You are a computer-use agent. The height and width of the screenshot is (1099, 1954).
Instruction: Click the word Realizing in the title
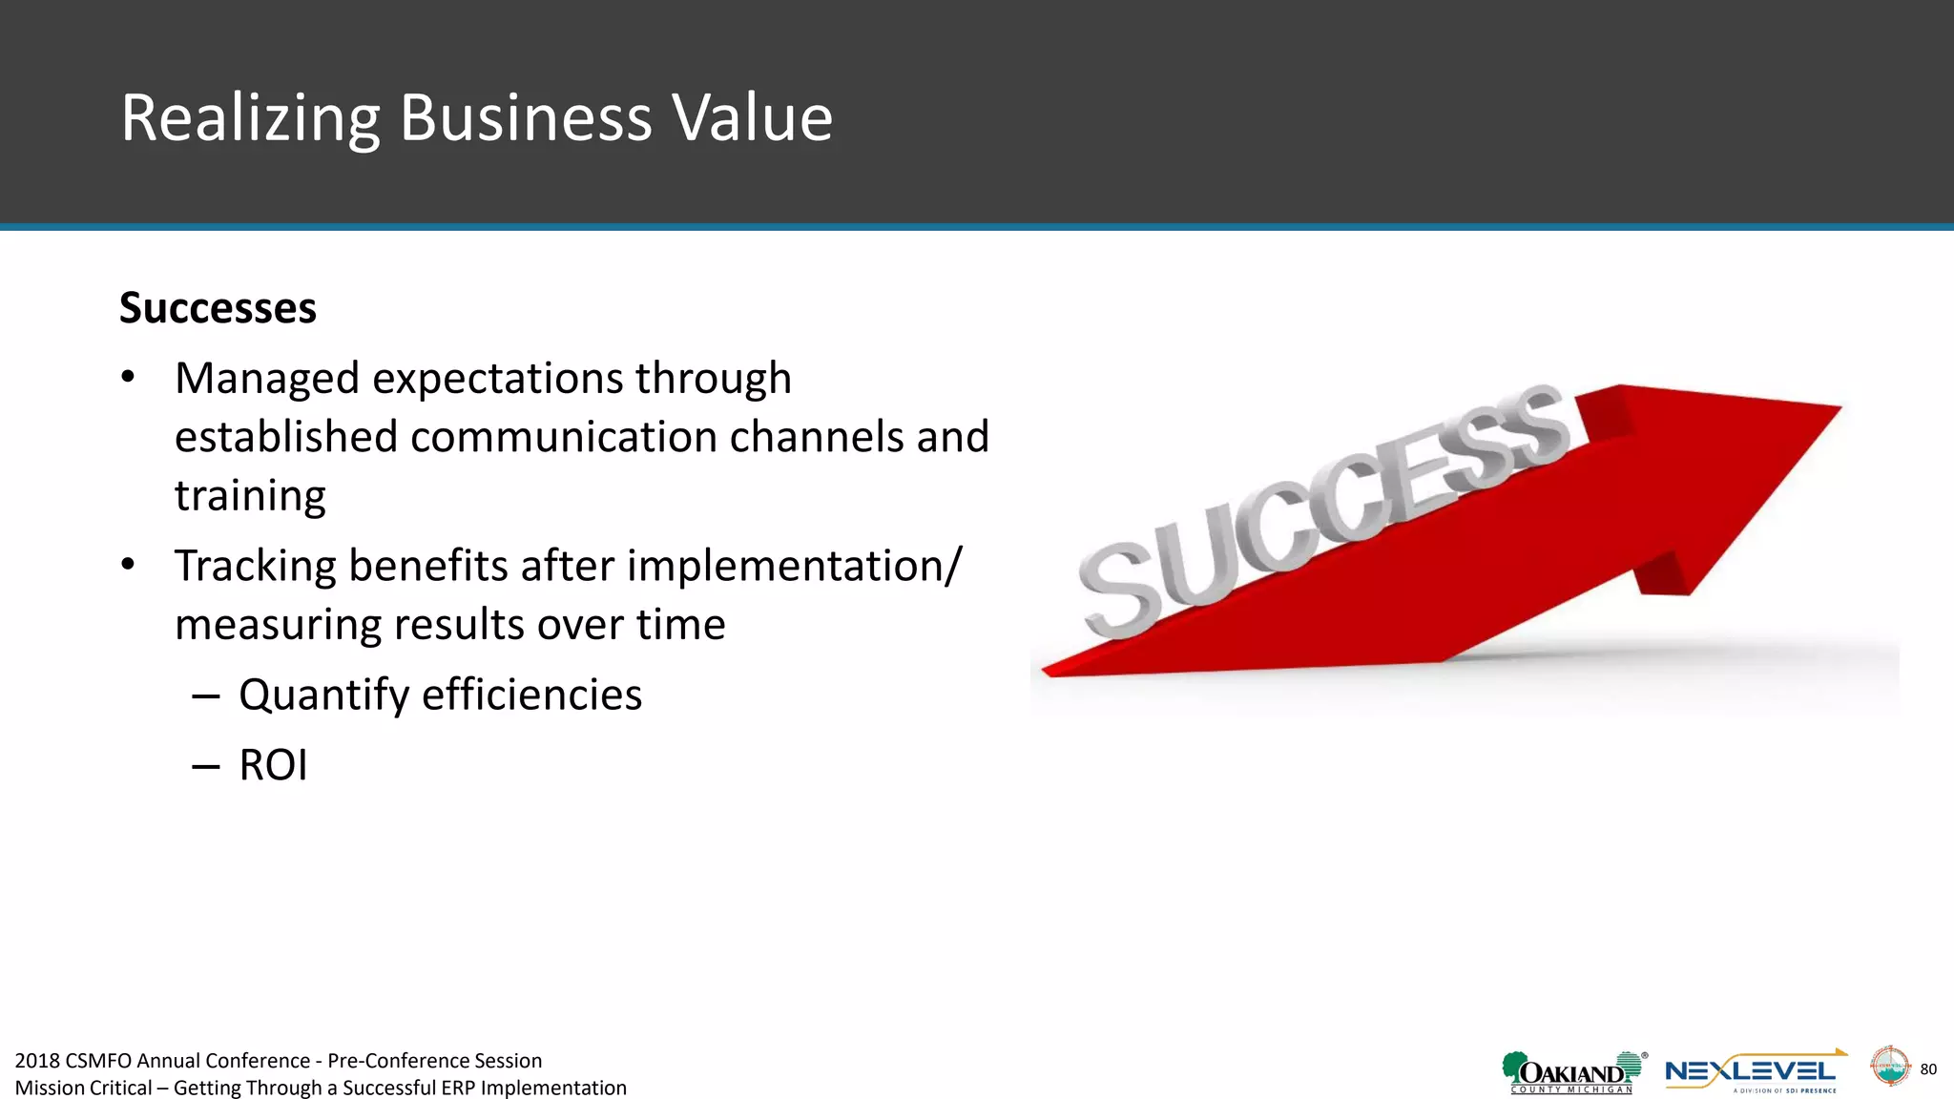pos(250,119)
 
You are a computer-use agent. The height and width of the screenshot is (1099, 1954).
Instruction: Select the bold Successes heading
pos(218,308)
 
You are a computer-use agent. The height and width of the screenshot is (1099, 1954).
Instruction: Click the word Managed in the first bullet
pos(266,379)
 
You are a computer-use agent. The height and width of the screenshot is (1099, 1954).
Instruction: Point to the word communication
pos(563,437)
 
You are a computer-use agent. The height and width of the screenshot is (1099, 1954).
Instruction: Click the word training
pos(250,496)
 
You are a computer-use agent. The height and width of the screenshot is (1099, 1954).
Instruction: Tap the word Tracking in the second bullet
pos(255,567)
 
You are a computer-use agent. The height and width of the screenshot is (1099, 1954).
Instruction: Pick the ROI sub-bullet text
pos(273,765)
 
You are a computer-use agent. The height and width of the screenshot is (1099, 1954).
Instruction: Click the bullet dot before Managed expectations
pos(128,378)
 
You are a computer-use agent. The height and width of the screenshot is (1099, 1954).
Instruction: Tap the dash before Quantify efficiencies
pos(205,695)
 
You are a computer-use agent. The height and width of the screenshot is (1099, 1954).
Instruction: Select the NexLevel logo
pos(1754,1072)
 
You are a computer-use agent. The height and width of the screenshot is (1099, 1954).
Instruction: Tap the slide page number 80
pos(1928,1069)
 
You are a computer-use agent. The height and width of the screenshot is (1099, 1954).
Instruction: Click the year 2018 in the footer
pos(37,1061)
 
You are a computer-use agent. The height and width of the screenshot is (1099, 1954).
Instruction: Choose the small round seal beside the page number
pos(1889,1067)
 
